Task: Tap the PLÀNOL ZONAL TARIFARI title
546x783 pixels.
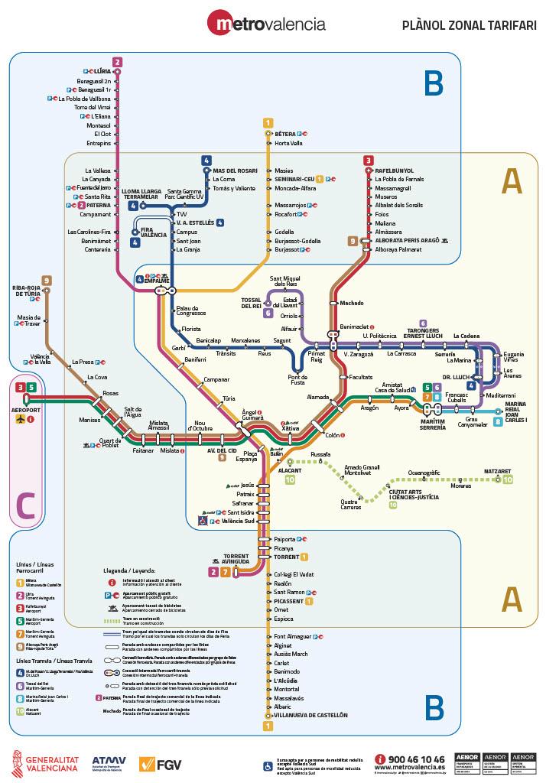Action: click(469, 25)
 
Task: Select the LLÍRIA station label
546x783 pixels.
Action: click(102, 71)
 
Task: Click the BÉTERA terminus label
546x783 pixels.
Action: click(284, 134)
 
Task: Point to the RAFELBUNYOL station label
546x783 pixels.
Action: click(394, 171)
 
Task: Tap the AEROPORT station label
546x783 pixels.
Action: click(26, 410)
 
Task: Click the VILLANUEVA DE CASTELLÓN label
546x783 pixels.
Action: click(310, 715)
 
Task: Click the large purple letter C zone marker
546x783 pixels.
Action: click(26, 504)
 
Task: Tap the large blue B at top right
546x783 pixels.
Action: click(434, 83)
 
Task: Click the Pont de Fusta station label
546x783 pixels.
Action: click(297, 379)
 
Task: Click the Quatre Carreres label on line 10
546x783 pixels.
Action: click(351, 505)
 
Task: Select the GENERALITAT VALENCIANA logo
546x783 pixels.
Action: click(44, 762)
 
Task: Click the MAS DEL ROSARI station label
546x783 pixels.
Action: click(236, 170)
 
